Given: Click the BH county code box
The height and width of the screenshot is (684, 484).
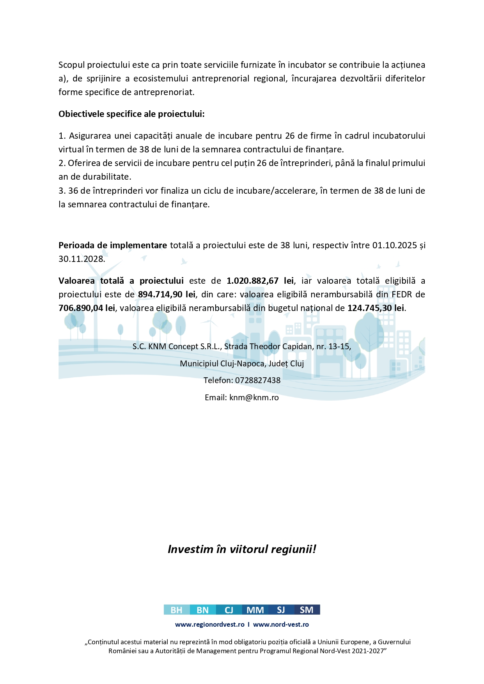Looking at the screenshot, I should pos(176,610).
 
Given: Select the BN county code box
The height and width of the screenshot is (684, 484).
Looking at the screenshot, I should pos(202,610).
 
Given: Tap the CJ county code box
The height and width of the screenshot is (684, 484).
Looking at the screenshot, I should pos(229,610).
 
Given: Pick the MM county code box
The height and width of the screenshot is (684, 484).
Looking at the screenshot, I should pos(255,610).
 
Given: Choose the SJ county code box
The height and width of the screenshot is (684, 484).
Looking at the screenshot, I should pos(281,610).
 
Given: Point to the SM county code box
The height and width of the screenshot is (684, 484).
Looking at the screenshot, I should pos(307,610).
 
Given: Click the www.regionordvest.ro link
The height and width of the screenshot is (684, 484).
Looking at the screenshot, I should pos(210,624).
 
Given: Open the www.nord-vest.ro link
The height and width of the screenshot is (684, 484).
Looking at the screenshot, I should pos(281,624).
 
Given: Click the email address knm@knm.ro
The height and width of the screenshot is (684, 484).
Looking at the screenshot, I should pos(254,398).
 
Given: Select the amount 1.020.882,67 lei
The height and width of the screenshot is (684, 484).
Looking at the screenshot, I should pos(260,281).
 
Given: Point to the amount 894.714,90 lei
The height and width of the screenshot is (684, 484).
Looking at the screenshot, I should pos(167,294).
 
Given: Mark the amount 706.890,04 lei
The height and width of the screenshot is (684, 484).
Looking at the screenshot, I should pos(87,308).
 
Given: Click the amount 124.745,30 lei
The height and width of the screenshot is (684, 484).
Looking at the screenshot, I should pos(376,308).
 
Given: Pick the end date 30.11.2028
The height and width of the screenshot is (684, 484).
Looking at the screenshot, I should pos(81,259).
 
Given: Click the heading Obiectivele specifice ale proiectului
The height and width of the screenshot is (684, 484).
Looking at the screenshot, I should pos(131,114).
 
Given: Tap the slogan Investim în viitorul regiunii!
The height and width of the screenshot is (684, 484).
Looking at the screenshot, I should pos(242,549).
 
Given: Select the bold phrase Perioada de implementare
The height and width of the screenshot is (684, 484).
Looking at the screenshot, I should pos(113,246).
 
